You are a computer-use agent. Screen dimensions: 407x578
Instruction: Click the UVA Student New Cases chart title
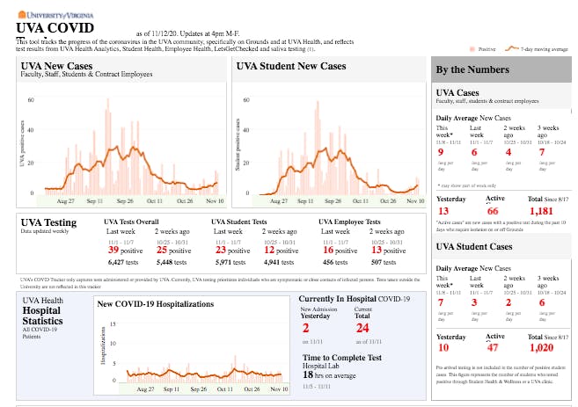pos(291,66)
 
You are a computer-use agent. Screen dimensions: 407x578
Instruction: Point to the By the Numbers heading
pos(472,69)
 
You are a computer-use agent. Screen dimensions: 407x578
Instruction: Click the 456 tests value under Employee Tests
pos(333,262)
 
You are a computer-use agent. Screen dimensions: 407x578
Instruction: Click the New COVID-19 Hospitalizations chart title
pos(156,304)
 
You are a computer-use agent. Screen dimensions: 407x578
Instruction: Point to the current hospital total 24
pos(361,328)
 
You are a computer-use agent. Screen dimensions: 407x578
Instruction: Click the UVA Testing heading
pos(48,222)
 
